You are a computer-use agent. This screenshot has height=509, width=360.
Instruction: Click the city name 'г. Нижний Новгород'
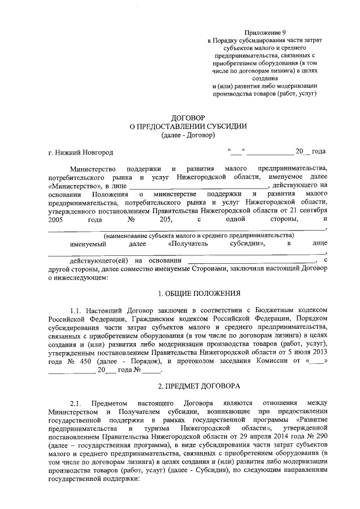pos(81,153)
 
